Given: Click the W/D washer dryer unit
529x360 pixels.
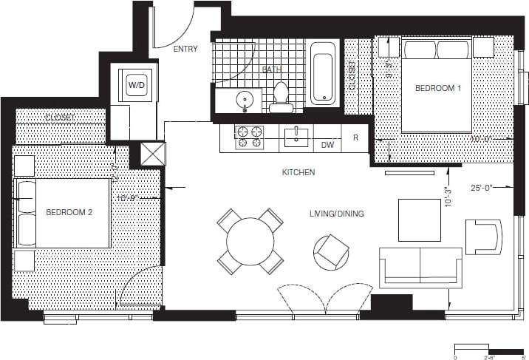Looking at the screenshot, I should pyautogui.click(x=137, y=85).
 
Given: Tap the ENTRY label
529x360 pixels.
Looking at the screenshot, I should pyautogui.click(x=185, y=50).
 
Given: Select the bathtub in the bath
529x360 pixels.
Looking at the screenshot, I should pyautogui.click(x=324, y=73).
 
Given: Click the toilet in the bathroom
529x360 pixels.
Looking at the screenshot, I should pyautogui.click(x=281, y=97).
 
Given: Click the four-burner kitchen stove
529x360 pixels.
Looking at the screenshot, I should pyautogui.click(x=249, y=137).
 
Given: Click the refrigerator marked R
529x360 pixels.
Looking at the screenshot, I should pyautogui.click(x=355, y=137).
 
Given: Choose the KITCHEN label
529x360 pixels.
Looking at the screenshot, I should pyautogui.click(x=298, y=172).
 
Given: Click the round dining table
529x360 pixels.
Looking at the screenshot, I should pyautogui.click(x=250, y=241).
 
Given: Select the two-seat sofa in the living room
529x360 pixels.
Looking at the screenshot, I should pyautogui.click(x=420, y=267).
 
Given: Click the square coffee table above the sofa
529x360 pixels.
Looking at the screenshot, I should pyautogui.click(x=419, y=220).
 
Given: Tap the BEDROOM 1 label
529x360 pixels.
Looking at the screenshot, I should pyautogui.click(x=437, y=88).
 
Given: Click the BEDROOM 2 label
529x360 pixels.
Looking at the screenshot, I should pyautogui.click(x=69, y=212).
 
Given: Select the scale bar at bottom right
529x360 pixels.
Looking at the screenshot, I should pyautogui.click(x=489, y=349).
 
